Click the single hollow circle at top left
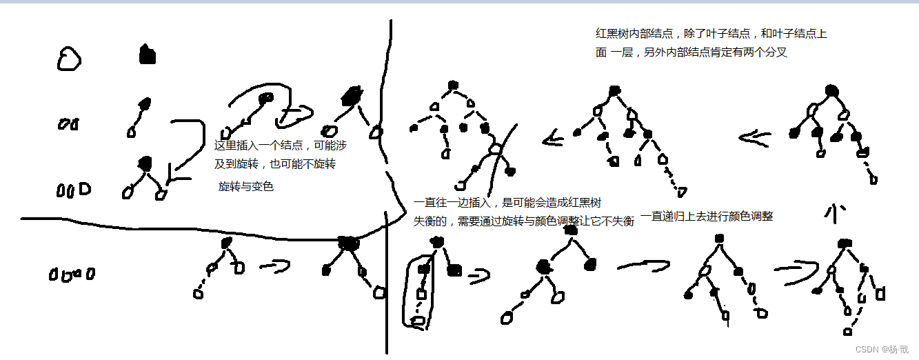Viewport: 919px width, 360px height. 68,59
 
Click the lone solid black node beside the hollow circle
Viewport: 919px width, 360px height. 146,55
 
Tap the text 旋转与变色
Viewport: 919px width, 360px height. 245,186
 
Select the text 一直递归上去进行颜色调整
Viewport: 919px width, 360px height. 707,216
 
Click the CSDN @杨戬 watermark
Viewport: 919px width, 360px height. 882,349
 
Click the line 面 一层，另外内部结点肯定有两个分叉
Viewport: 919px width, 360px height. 691,52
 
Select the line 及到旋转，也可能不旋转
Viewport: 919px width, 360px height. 275,165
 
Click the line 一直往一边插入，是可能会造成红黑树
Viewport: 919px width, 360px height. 507,203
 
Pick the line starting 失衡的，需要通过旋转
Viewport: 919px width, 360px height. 523,221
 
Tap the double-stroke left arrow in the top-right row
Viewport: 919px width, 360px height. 754,138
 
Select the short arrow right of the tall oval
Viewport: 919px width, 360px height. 478,277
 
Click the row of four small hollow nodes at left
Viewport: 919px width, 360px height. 72,274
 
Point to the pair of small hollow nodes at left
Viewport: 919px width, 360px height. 68,125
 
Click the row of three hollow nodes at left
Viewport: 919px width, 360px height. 73,189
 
